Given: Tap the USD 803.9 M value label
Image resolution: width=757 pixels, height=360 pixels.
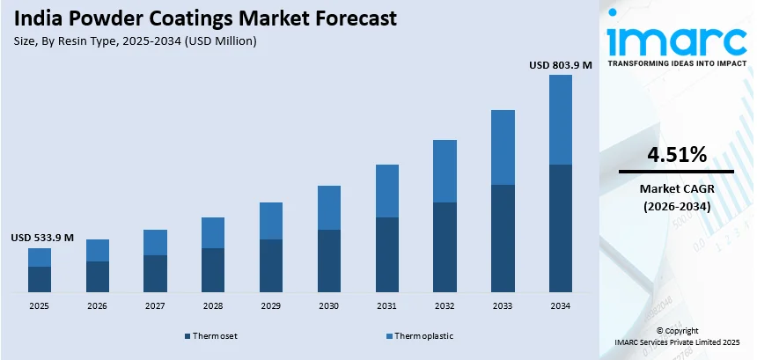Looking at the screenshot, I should coord(561,64).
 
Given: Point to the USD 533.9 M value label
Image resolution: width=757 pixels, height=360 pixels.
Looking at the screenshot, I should coord(42,238).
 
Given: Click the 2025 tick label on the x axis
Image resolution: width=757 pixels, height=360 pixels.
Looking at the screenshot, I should coord(39,306).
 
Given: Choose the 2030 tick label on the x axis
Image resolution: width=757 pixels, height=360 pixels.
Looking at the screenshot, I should coord(328,306).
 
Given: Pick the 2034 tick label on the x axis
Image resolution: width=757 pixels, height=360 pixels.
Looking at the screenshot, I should coord(560,306).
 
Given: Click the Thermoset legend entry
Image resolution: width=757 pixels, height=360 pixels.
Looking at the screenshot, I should coord(211,336).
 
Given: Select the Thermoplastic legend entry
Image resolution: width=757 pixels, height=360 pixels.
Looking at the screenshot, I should coord(421,336).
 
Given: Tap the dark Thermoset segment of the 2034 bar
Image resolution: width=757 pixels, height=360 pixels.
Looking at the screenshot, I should coord(560,228).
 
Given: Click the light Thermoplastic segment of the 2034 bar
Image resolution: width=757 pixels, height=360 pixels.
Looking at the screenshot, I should coord(560,120).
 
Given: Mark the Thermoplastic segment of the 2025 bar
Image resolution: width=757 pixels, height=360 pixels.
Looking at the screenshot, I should coord(39,257).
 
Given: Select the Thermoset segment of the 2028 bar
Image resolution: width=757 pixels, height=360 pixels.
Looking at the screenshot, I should coord(212,269).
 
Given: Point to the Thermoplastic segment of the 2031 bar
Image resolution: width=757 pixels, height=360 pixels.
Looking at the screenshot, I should coord(386,191).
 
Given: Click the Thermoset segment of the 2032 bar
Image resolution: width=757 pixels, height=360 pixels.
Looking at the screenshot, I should coord(445,247).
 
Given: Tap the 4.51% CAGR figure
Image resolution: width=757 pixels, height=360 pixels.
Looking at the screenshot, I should coord(676,156).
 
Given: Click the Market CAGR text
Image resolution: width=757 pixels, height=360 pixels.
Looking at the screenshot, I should coord(676,189).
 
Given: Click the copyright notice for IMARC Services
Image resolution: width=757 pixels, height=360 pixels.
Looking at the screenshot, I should coord(677,336).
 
